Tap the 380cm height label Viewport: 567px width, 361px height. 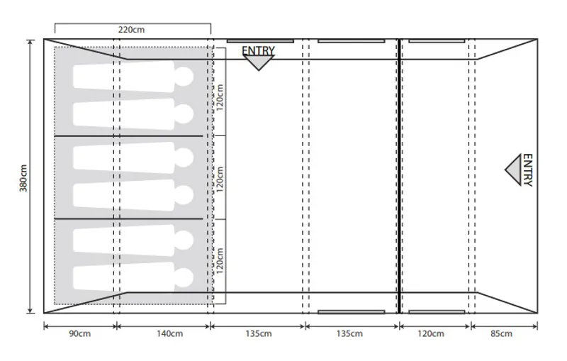click(x=23, y=176)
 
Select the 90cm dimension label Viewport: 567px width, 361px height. click(x=79, y=334)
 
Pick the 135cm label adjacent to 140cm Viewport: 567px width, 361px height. click(x=258, y=334)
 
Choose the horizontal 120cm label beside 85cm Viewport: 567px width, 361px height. click(x=430, y=334)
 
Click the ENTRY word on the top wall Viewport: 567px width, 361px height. click(x=258, y=50)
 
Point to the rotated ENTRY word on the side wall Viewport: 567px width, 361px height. click(x=527, y=170)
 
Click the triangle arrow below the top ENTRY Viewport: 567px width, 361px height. click(x=259, y=62)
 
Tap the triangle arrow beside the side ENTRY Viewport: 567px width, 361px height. click(x=513, y=170)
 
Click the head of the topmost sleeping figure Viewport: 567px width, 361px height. click(x=184, y=76)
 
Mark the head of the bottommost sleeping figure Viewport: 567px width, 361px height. click(x=184, y=277)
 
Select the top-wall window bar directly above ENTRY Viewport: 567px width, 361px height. click(x=259, y=41)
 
